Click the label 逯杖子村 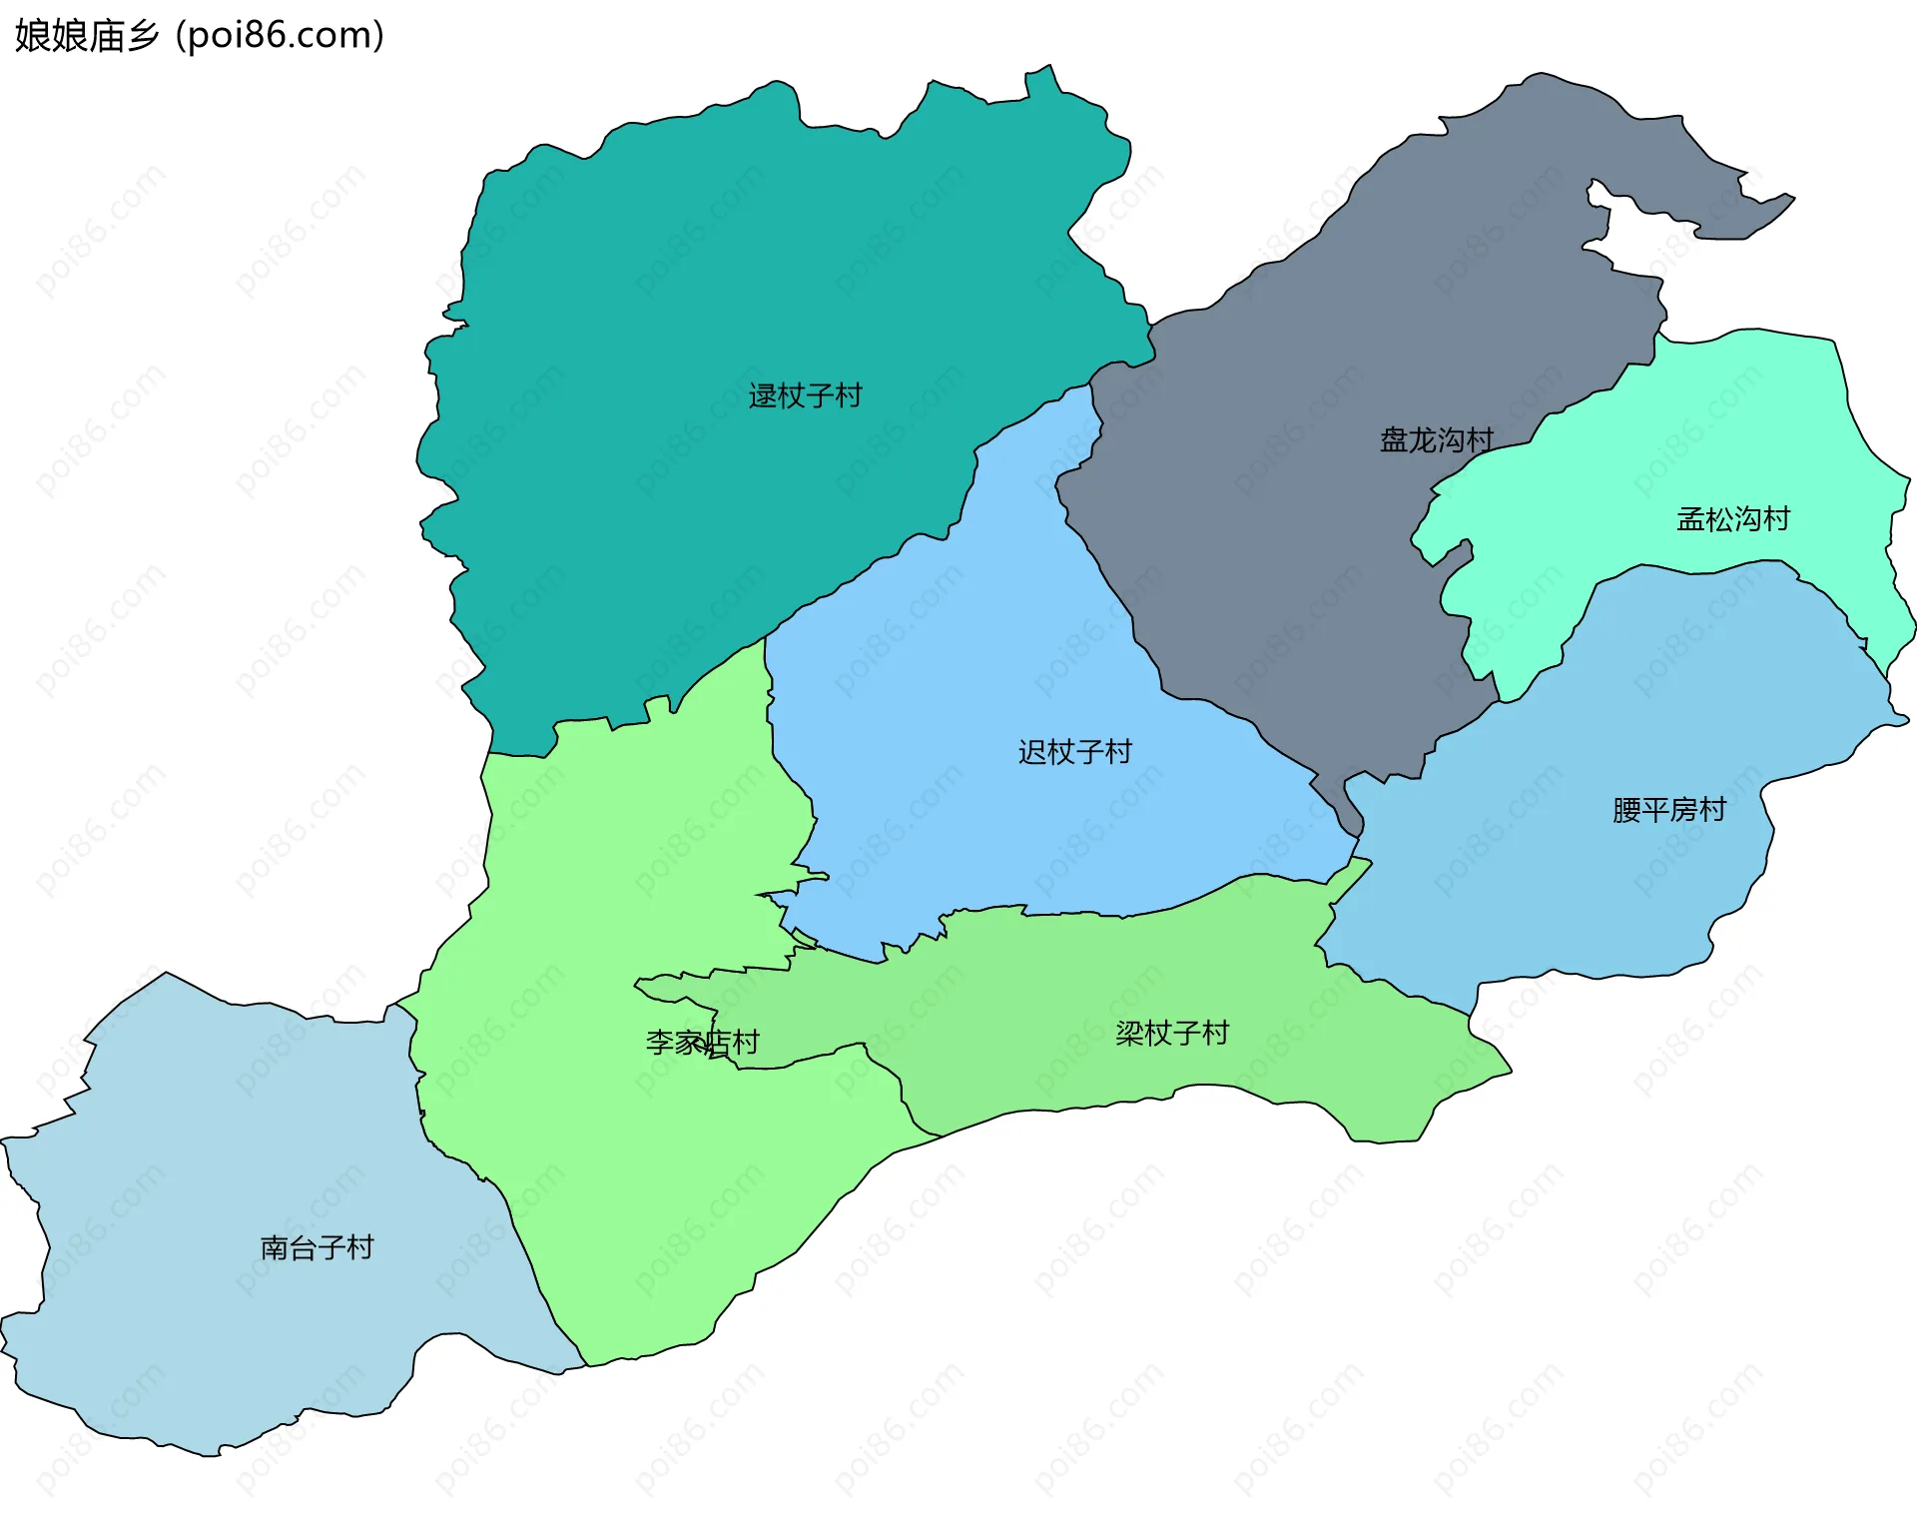point(805,396)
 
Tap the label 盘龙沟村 point(1436,440)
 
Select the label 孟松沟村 point(1733,519)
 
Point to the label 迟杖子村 point(1075,752)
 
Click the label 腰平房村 point(1669,810)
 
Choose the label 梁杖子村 point(1172,1034)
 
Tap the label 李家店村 point(702,1043)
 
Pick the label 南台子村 point(317,1248)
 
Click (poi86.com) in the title point(280,36)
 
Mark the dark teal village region point(699,300)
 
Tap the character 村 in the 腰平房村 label point(1713,810)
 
